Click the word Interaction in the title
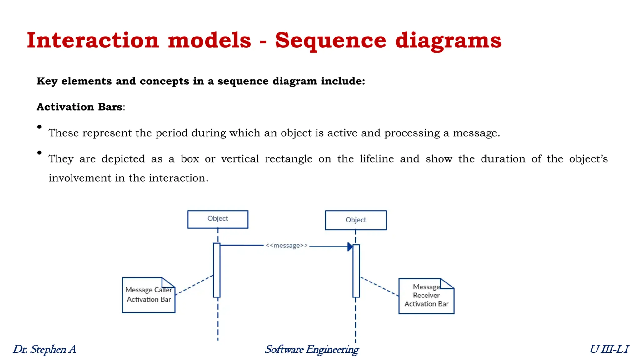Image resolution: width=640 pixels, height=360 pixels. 93,40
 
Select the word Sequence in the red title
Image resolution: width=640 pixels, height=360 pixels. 330,40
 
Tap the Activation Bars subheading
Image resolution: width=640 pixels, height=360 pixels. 79,107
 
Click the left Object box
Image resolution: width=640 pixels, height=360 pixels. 218,219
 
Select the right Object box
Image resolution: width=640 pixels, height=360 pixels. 356,220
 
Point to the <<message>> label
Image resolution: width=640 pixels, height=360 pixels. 287,246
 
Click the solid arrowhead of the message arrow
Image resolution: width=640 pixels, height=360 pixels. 350,247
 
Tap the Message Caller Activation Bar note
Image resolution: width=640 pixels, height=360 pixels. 148,295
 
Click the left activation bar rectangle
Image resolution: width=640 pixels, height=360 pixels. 217,270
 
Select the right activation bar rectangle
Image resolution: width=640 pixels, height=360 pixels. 356,271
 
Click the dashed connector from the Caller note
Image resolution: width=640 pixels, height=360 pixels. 194,285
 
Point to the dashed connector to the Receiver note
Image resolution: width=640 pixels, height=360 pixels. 379,286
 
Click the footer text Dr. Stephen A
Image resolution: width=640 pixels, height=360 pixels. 44,349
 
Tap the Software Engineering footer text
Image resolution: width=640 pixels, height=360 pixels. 312,349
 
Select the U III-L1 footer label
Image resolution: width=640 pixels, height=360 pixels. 609,349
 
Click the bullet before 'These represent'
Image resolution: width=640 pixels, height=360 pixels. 39,127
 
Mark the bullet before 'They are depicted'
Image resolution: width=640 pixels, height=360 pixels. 39,152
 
